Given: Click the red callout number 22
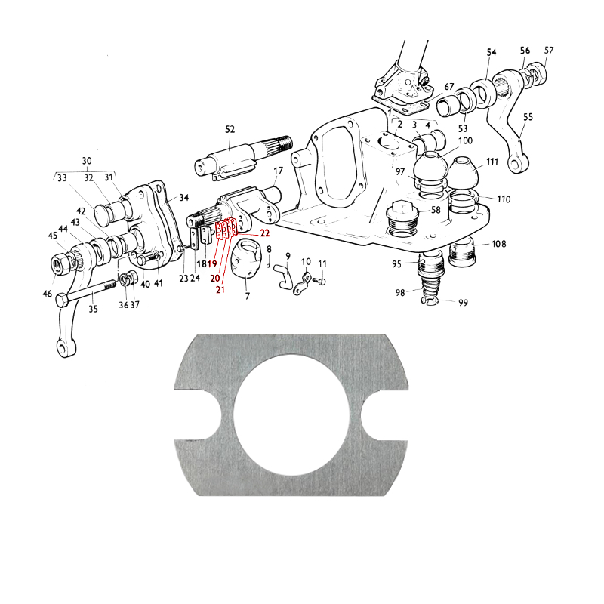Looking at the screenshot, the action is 265,233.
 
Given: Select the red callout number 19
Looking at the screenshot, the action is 212,263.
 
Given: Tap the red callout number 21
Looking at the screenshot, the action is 220,289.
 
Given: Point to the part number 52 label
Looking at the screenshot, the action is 230,129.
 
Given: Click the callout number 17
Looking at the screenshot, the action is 278,171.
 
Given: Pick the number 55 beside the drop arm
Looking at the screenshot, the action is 528,117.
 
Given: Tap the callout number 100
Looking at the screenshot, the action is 465,140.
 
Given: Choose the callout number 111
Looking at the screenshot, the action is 492,162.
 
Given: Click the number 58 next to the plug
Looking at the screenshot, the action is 436,210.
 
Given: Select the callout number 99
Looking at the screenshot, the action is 463,303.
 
